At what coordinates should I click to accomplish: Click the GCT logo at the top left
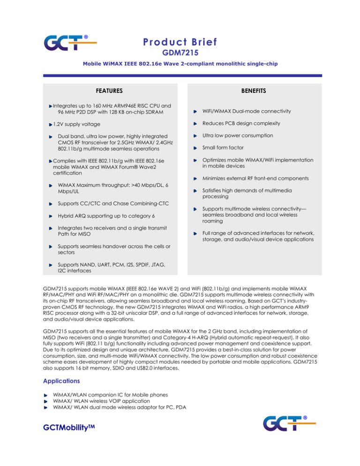pyautogui.click(x=69, y=43)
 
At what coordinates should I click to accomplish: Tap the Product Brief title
pyautogui.click(x=180, y=42)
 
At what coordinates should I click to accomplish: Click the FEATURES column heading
pyautogui.click(x=109, y=90)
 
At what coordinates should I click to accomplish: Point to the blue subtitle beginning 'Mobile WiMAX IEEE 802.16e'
pyautogui.click(x=180, y=67)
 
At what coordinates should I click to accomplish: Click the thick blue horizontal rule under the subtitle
pyautogui.click(x=180, y=75)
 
